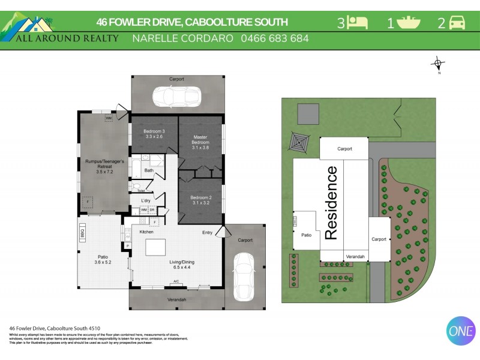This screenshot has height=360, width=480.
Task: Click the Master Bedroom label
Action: click(x=200, y=142)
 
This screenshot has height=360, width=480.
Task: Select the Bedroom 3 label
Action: click(x=154, y=134)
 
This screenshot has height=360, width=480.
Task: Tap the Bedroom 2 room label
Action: click(x=200, y=200)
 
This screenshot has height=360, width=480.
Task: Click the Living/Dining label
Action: click(x=181, y=264)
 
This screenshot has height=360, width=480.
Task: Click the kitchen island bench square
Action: click(x=157, y=247)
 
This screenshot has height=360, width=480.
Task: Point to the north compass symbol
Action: click(x=439, y=64)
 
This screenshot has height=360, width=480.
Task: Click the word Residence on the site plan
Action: click(x=331, y=203)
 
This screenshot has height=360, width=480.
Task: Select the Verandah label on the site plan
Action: click(x=355, y=256)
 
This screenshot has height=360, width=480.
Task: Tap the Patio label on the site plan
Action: click(x=306, y=235)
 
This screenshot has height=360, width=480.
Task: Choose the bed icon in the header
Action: click(x=358, y=23)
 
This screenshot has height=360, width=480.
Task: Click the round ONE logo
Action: click(x=461, y=331)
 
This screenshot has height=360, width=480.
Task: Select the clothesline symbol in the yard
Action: click(x=298, y=142)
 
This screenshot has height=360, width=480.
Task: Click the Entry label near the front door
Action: click(x=207, y=232)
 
